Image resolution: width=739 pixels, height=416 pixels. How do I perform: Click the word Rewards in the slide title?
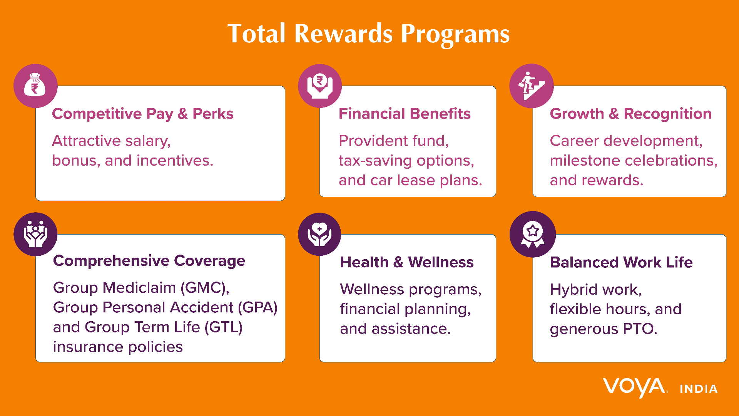pyautogui.click(x=343, y=34)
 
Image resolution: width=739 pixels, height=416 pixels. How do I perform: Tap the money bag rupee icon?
pyautogui.click(x=35, y=85)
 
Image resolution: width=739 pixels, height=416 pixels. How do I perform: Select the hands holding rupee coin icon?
pyautogui.click(x=319, y=86)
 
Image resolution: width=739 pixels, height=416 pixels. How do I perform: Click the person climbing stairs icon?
pyautogui.click(x=532, y=86)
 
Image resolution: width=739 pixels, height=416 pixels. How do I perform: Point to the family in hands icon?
pyautogui.click(x=35, y=234)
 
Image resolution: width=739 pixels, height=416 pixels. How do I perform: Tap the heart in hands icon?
pyautogui.click(x=319, y=234)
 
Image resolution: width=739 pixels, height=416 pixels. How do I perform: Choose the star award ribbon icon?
pyautogui.click(x=532, y=234)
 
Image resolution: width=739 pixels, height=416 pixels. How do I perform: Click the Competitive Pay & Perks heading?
pyautogui.click(x=142, y=114)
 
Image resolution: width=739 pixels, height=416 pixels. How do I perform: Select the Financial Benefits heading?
pyautogui.click(x=404, y=114)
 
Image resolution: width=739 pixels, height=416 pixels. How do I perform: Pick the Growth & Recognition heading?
pyautogui.click(x=630, y=114)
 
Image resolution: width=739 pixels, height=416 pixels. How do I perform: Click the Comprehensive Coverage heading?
pyautogui.click(x=149, y=261)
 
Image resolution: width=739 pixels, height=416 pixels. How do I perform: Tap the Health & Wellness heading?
pyautogui.click(x=406, y=262)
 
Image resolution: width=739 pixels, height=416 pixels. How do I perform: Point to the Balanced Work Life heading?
pyautogui.click(x=621, y=262)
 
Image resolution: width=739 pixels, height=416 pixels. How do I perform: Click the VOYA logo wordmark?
pyautogui.click(x=634, y=387)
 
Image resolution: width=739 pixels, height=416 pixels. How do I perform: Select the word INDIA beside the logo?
pyautogui.click(x=699, y=389)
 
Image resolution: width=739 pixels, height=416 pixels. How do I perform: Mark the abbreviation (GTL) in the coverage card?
pyautogui.click(x=223, y=327)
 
